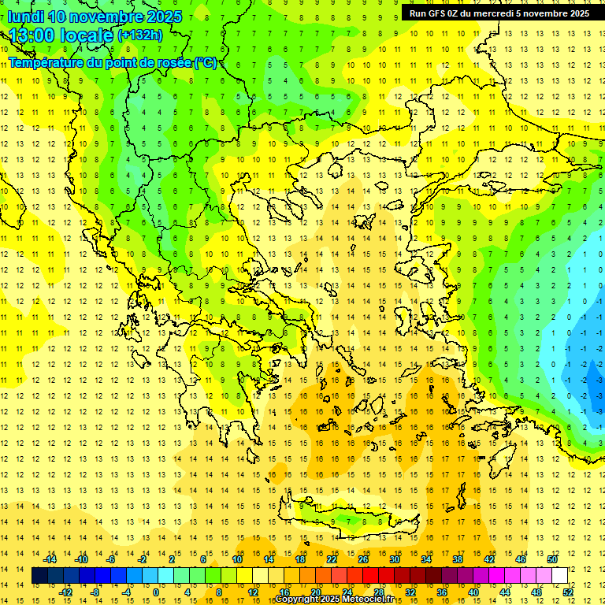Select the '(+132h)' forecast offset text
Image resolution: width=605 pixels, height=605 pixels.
tap(139, 35)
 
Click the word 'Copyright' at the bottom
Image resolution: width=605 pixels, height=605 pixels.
tap(297, 599)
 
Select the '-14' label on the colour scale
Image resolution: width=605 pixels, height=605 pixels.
tap(50, 559)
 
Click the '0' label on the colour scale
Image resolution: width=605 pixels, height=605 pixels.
tap(155, 592)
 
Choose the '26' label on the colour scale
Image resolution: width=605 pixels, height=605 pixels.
tap(363, 559)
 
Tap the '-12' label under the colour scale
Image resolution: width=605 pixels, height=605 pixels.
tap(65, 592)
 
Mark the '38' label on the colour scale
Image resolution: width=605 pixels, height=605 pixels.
tap(457, 559)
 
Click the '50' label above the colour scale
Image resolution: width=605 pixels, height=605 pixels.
tap(551, 559)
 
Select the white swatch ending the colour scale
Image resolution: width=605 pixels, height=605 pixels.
tap(559, 576)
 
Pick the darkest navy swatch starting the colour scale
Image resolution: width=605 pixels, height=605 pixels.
tap(39, 576)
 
